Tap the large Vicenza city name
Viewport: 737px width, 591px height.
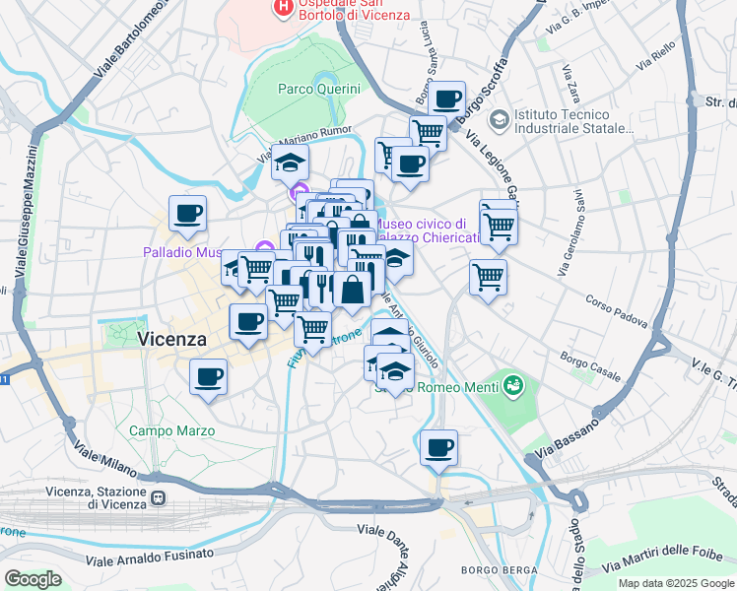[172, 339]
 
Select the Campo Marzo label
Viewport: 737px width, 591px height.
[163, 430]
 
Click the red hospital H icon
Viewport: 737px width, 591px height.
[283, 9]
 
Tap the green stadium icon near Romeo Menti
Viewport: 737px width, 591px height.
[511, 386]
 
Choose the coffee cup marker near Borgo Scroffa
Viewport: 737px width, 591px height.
[447, 99]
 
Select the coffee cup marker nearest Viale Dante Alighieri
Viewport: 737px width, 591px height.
[438, 447]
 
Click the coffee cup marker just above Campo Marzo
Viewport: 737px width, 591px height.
[208, 376]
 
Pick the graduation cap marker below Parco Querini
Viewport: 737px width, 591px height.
[290, 162]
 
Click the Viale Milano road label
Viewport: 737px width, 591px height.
[100, 460]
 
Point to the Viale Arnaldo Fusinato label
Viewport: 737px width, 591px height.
[149, 558]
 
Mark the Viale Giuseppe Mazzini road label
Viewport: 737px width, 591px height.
[27, 207]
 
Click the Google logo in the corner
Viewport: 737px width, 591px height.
[33, 579]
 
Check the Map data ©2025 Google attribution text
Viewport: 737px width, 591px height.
[675, 583]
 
